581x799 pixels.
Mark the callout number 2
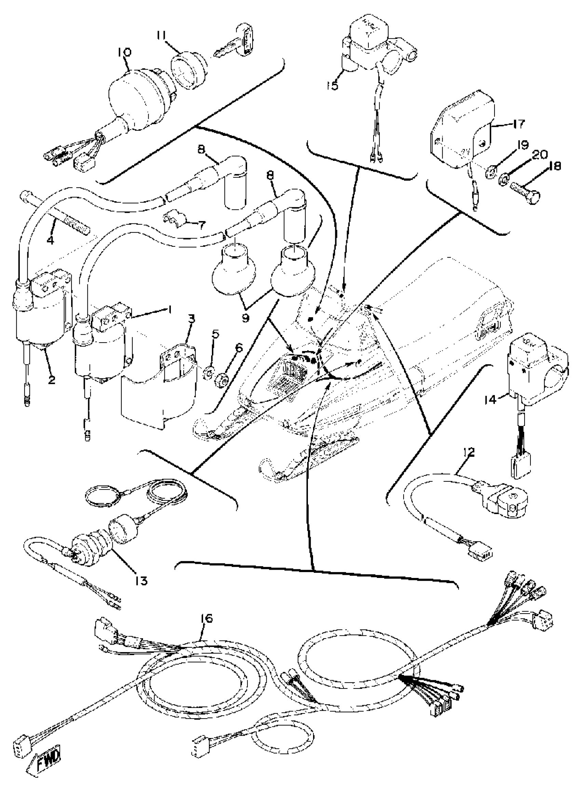(x=52, y=380)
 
